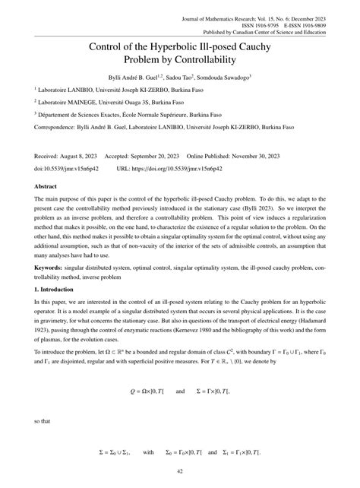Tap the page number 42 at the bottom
(180, 471)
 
